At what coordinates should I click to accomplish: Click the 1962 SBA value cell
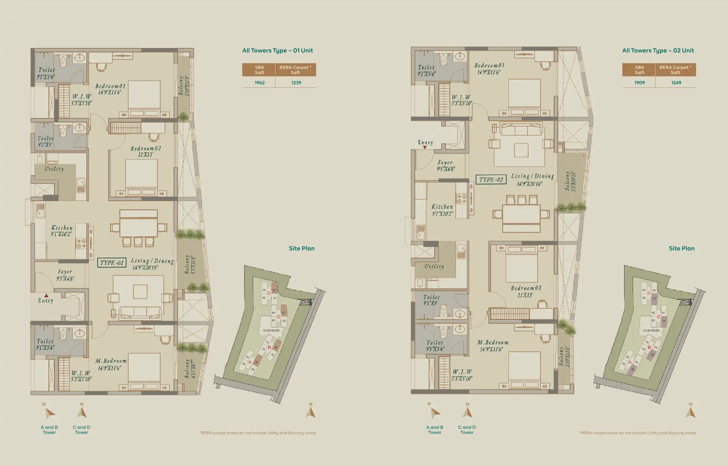[x=259, y=83]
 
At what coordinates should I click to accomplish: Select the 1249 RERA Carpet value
[x=676, y=83]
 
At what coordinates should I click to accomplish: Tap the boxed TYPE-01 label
[x=112, y=263]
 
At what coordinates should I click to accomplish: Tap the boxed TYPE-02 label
[x=491, y=179]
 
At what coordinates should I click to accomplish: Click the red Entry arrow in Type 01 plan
[x=46, y=295]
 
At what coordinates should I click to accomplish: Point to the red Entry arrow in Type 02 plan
[x=425, y=147]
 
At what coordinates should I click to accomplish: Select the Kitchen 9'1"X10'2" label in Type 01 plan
[x=62, y=231]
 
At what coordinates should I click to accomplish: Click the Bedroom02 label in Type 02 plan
[x=526, y=291]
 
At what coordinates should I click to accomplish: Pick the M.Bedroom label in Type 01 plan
[x=110, y=364]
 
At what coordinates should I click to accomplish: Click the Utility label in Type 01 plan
[x=54, y=169]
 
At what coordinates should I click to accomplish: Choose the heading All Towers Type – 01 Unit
[x=277, y=50]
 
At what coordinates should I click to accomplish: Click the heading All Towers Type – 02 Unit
[x=658, y=50]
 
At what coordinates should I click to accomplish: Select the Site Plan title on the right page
[x=682, y=248]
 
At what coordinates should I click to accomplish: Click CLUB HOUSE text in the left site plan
[x=271, y=331]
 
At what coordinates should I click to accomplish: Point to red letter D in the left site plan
[x=269, y=293]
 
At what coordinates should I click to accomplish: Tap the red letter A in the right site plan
[x=630, y=362]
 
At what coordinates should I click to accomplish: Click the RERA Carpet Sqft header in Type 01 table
[x=295, y=70]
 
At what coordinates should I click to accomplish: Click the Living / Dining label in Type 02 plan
[x=532, y=179]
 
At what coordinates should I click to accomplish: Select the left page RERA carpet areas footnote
[x=258, y=433]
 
